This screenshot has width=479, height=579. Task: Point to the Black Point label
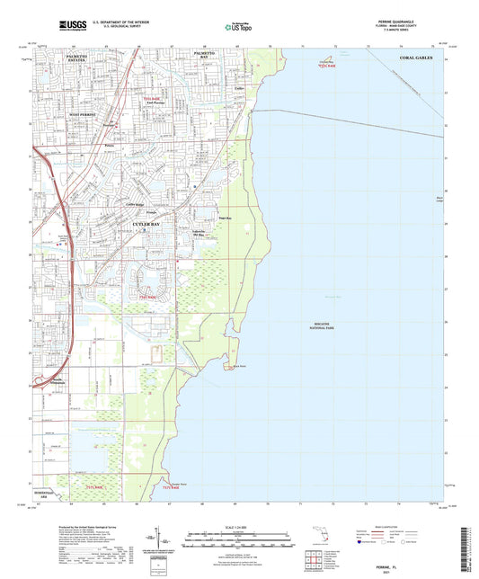click(238, 368)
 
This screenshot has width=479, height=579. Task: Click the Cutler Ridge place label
click(135, 204)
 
